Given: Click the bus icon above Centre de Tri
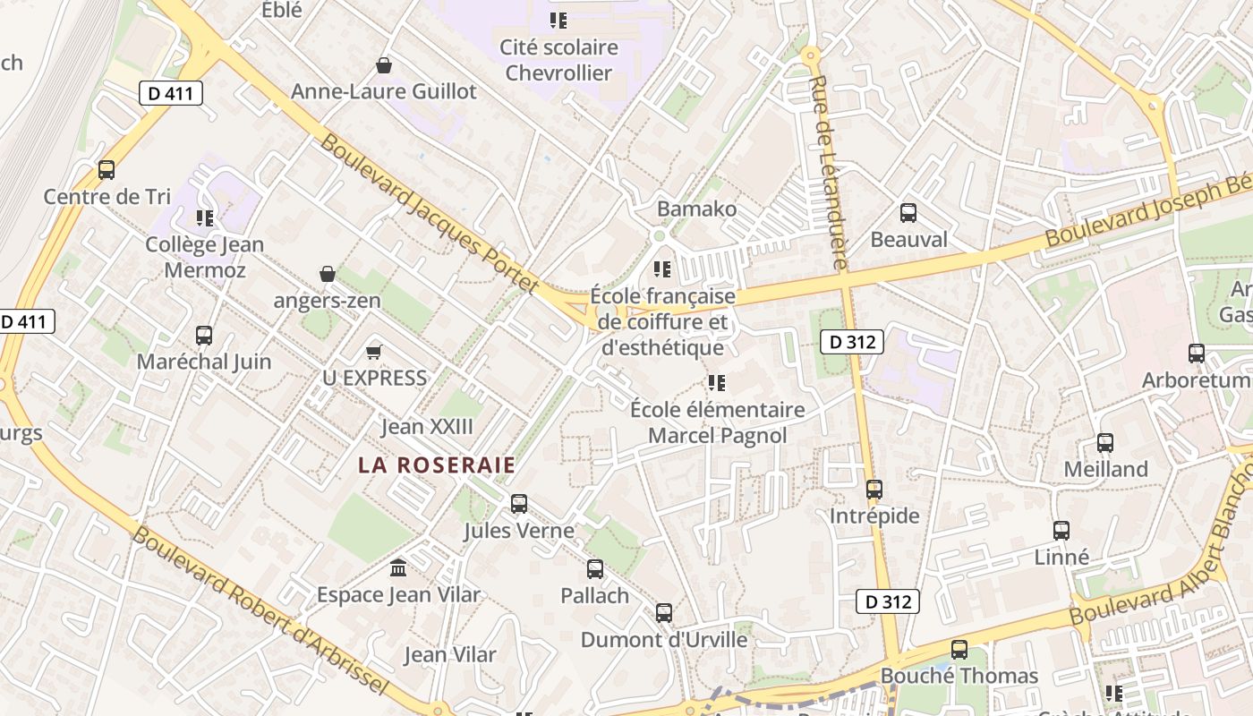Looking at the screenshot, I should [107, 169].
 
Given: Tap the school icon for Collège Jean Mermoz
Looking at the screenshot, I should [204, 217].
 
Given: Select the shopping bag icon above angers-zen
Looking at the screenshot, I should [328, 273].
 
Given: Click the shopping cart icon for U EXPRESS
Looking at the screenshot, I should [374, 352].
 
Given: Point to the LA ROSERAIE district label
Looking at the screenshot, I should [437, 465].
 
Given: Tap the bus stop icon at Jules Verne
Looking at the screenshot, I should [519, 503].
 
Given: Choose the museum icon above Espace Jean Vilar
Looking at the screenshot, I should [398, 567].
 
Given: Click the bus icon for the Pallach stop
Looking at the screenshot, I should [595, 568].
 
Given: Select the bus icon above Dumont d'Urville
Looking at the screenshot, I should [664, 613].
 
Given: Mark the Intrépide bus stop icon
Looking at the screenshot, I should [874, 490].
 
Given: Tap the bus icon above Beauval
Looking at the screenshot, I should [908, 213].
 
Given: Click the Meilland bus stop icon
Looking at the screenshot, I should [1105, 442].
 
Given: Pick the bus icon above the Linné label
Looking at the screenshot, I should [1061, 530].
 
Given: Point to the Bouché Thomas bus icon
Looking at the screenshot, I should [959, 649].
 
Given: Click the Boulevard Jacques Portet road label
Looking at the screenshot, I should [430, 213].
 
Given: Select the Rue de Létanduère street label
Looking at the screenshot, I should [828, 172].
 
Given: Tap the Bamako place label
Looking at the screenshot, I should [697, 209].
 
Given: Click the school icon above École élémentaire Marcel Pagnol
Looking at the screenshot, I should [716, 383].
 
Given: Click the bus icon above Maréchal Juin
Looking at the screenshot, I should [204, 336].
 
